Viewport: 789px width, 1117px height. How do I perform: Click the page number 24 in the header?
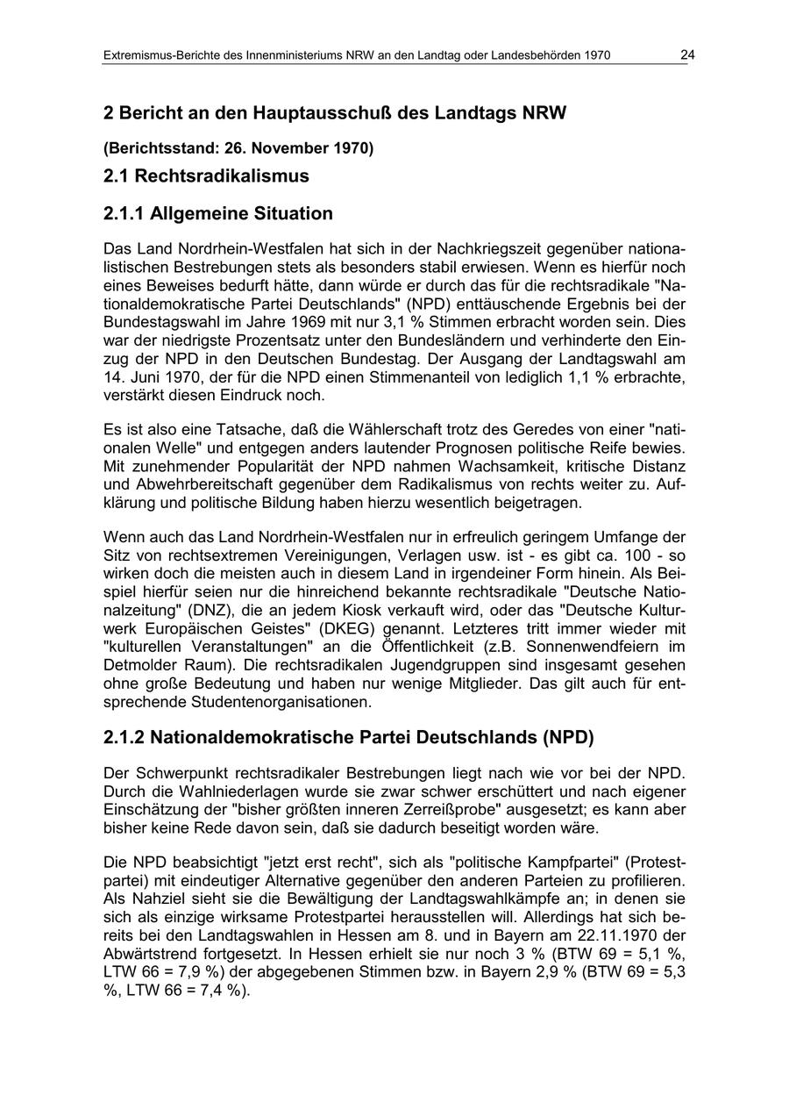point(687,55)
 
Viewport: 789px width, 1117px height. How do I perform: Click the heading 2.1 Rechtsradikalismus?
point(206,175)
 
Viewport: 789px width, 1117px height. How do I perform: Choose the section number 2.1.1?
point(124,213)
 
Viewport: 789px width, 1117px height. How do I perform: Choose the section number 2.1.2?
point(124,738)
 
